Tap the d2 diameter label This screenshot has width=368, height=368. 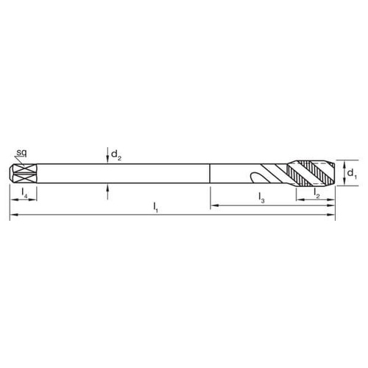point(115,155)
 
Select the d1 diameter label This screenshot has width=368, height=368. point(351,174)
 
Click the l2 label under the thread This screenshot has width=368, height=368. point(316,192)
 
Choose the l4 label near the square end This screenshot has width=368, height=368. point(25,193)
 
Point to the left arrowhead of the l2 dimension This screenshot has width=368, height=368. point(298,199)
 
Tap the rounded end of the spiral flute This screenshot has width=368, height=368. point(252,177)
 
